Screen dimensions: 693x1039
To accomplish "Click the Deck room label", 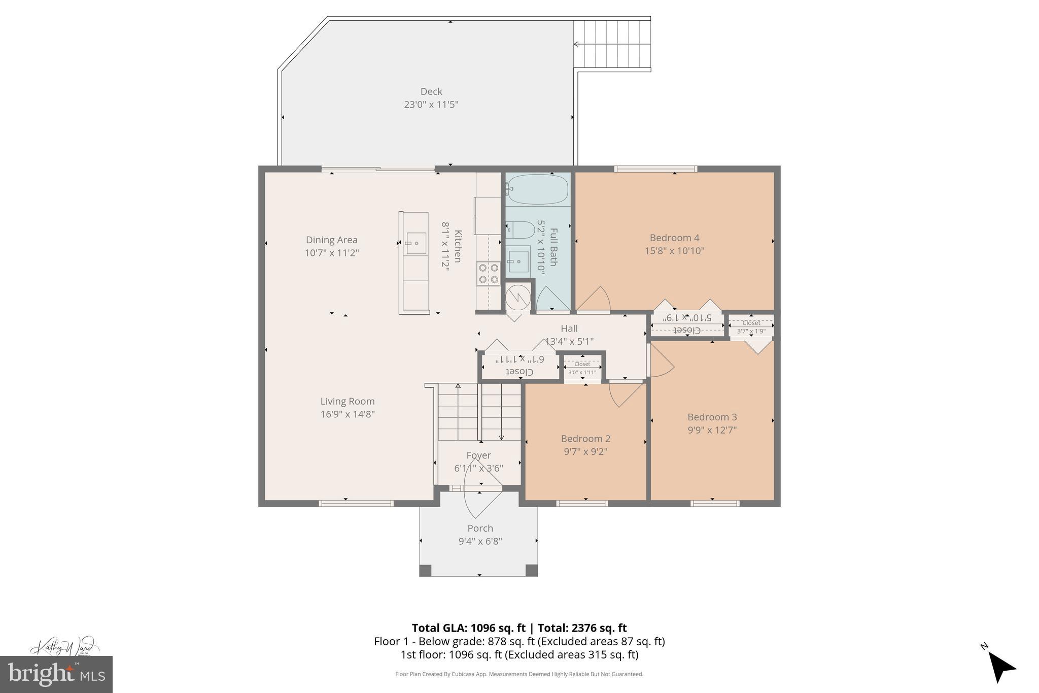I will pyautogui.click(x=431, y=92).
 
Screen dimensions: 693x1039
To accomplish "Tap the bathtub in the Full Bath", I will pyautogui.click(x=538, y=189).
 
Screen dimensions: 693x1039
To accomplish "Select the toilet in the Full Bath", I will pyautogui.click(x=521, y=230).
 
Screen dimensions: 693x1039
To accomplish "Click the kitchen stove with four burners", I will pyautogui.click(x=488, y=274).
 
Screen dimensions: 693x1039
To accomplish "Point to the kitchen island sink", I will pyautogui.click(x=416, y=244).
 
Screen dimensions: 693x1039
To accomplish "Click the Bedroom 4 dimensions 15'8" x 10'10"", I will pyautogui.click(x=674, y=251).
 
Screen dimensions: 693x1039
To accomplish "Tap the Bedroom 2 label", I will pyautogui.click(x=585, y=439).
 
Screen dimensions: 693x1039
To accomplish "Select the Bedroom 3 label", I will pyautogui.click(x=712, y=417).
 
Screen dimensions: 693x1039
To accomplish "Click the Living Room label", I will pyautogui.click(x=348, y=402).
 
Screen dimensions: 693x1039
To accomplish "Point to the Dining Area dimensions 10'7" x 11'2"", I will pyautogui.click(x=332, y=253).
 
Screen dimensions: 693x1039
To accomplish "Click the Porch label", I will pyautogui.click(x=480, y=529).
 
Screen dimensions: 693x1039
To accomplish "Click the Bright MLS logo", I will pyautogui.click(x=56, y=674).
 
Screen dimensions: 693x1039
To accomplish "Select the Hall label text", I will pyautogui.click(x=569, y=329).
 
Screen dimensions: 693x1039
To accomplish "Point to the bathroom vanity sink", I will pyautogui.click(x=518, y=261).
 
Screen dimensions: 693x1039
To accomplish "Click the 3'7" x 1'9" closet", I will pyautogui.click(x=751, y=326).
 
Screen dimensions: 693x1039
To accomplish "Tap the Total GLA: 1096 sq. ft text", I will pyautogui.click(x=468, y=628).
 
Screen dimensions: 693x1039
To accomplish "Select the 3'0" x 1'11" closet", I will pyautogui.click(x=582, y=368).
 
